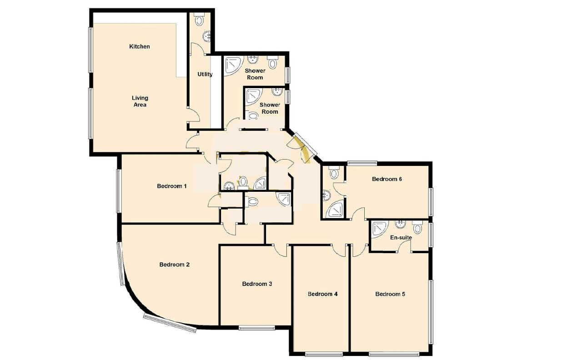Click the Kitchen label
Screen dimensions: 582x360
click(x=140, y=46)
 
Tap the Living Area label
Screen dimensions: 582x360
click(x=140, y=101)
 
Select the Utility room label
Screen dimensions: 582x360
click(x=205, y=74)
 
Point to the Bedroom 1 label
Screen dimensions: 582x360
click(x=172, y=186)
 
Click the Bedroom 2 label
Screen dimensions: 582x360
click(x=174, y=265)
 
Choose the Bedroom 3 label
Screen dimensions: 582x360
click(x=257, y=284)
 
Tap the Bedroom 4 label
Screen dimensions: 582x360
click(x=323, y=294)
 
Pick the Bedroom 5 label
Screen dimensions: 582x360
click(x=390, y=294)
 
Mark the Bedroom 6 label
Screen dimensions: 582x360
click(x=387, y=179)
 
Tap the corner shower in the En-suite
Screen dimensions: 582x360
click(x=380, y=230)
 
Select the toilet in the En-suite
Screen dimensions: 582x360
click(x=417, y=227)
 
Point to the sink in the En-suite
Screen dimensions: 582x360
click(x=400, y=224)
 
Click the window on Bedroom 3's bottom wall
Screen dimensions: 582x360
click(x=257, y=328)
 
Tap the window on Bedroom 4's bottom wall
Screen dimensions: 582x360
click(x=324, y=354)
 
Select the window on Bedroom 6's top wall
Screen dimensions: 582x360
click(x=362, y=163)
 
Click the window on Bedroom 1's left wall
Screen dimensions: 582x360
click(x=119, y=191)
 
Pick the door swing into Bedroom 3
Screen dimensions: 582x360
click(x=281, y=250)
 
